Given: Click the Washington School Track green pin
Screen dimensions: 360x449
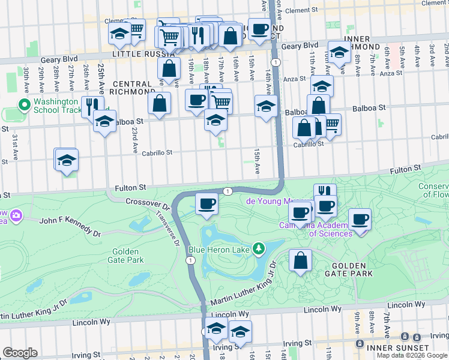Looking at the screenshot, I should click(x=25, y=106).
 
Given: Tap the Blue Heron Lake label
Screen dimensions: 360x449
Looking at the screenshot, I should click(x=220, y=249).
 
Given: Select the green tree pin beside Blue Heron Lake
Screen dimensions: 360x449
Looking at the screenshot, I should click(x=259, y=248).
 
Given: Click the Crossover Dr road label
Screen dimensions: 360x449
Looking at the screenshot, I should click(x=148, y=202).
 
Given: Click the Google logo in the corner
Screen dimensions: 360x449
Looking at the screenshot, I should click(x=20, y=353).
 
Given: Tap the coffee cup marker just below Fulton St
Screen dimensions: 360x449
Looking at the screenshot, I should click(x=207, y=203).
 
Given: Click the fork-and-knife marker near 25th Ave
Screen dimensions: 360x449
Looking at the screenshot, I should click(x=92, y=106).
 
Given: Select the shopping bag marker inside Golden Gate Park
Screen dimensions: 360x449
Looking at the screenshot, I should click(x=300, y=260).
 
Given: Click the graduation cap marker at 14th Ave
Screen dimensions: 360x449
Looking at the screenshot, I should click(x=266, y=106).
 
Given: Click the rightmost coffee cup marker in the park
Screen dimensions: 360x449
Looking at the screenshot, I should click(x=360, y=219).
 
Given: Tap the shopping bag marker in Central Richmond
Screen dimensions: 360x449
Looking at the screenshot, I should click(x=159, y=103).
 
